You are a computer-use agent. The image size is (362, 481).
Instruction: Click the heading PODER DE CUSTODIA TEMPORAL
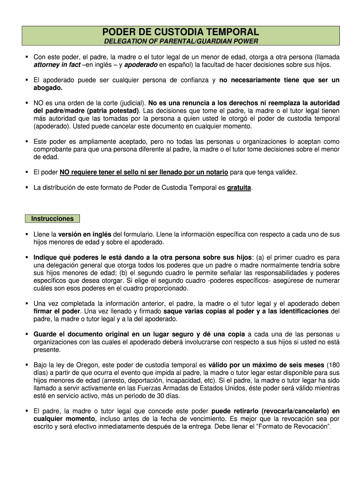tap(181, 32)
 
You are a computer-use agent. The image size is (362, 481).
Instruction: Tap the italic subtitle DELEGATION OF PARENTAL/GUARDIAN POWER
tap(181, 42)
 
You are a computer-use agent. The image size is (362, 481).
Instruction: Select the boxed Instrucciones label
tap(53, 218)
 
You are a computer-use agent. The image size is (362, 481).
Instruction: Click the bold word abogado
tap(47, 88)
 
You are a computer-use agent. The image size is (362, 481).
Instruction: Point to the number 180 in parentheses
tap(332, 365)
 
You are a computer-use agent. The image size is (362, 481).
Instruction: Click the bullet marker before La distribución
tap(27, 187)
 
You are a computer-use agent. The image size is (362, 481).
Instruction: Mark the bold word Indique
tap(46, 257)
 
